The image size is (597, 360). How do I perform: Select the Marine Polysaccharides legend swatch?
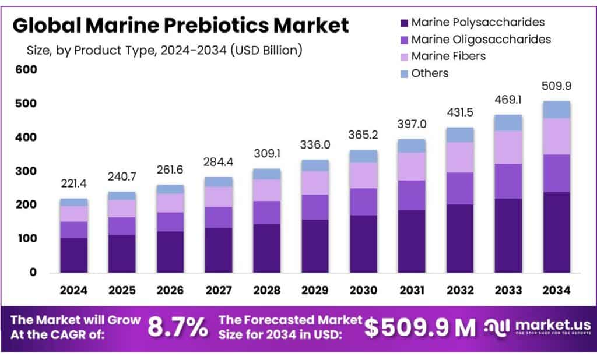(x=403, y=23)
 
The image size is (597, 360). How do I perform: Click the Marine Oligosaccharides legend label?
(x=481, y=39)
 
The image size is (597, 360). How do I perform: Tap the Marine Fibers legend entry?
(x=448, y=56)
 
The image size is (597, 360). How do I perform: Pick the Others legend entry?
(x=430, y=73)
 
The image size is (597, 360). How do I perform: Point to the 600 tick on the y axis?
(x=26, y=70)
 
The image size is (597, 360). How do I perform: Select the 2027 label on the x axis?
(x=218, y=290)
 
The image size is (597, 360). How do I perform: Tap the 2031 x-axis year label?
(x=412, y=290)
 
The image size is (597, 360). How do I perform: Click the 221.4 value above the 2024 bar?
(x=73, y=185)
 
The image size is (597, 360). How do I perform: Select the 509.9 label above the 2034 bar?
(x=556, y=86)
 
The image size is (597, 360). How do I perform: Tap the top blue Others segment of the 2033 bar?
(x=508, y=122)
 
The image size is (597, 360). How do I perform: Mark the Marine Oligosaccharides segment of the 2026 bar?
(x=170, y=221)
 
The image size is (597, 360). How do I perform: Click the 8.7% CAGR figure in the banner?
(x=177, y=327)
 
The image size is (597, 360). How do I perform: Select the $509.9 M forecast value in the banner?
(x=420, y=327)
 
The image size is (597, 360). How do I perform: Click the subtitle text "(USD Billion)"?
(x=266, y=51)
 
